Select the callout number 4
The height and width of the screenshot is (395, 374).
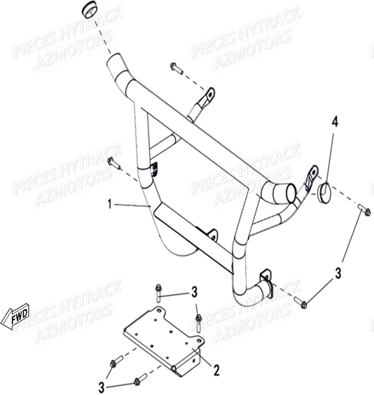pos(335,122)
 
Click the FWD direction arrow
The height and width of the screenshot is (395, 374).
pos(15,316)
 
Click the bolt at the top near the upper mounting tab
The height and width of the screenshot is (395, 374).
pos(176,68)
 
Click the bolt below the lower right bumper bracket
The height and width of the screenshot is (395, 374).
pos(301,301)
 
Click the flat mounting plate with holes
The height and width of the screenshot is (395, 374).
pos(163,336)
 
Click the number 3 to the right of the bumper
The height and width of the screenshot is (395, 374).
pos(338,273)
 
